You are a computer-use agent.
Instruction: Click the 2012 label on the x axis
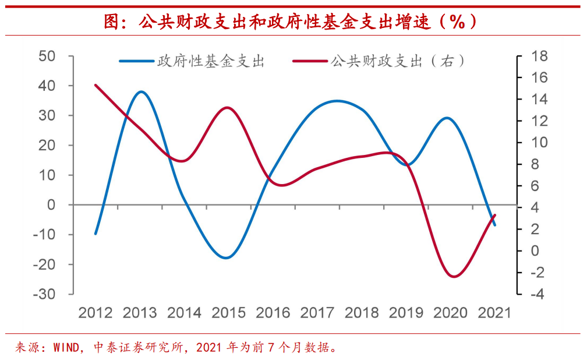(x=96, y=313)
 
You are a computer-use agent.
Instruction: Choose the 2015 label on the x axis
(x=228, y=313)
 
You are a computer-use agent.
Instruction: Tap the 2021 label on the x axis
(x=494, y=313)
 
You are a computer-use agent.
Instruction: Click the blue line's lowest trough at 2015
(x=227, y=257)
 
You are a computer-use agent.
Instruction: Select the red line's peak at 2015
(x=228, y=108)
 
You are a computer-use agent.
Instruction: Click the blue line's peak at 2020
(x=447, y=118)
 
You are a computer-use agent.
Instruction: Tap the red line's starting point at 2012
(x=96, y=85)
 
